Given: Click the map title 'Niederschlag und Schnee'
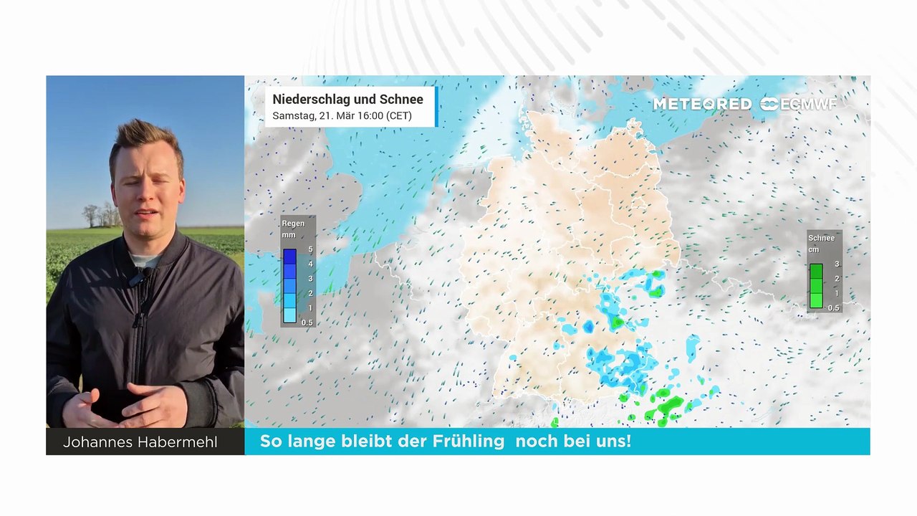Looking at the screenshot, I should (347, 100).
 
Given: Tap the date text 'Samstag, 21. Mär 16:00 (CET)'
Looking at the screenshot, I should (342, 115).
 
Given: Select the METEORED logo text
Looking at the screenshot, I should (701, 104).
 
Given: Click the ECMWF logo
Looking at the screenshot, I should (798, 104).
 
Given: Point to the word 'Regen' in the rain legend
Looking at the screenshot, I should (293, 224).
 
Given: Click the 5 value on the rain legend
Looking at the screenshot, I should (310, 249).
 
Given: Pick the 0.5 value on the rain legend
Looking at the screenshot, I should (307, 322).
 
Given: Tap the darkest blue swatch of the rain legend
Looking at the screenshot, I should (289, 256).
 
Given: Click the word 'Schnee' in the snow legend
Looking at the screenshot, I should (821, 238).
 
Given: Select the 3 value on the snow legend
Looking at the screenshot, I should (837, 264).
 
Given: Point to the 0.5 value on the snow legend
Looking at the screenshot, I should (834, 308).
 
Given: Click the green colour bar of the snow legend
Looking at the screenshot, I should (816, 286).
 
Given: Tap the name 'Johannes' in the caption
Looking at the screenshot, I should (97, 442).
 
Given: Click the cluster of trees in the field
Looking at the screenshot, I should (100, 214).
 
